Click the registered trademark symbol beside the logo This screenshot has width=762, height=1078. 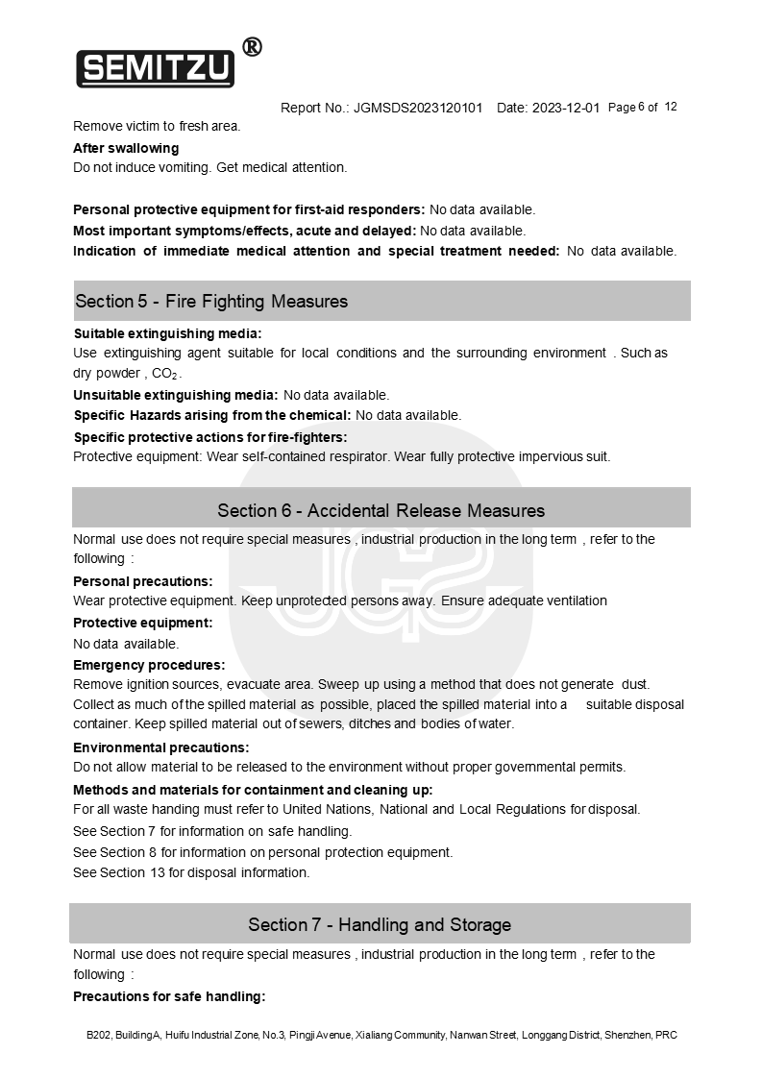pyautogui.click(x=251, y=47)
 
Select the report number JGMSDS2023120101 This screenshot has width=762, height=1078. pyautogui.click(x=418, y=108)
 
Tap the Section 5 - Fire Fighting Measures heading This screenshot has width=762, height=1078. pyautogui.click(x=211, y=302)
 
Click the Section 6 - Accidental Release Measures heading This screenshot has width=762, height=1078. pyautogui.click(x=381, y=510)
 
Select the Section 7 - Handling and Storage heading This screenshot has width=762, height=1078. pyautogui.click(x=380, y=925)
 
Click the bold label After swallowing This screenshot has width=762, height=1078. pyautogui.click(x=126, y=148)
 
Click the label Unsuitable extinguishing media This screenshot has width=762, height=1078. pyautogui.click(x=176, y=395)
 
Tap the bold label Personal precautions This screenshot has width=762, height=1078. pyautogui.click(x=142, y=581)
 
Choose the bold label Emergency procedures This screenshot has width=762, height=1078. pyautogui.click(x=149, y=665)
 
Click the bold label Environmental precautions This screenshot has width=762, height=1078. pyautogui.click(x=160, y=747)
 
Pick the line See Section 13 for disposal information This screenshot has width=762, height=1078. pyautogui.click(x=191, y=873)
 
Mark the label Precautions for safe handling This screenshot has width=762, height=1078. pyautogui.click(x=169, y=996)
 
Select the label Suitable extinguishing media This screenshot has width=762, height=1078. pyautogui.click(x=167, y=333)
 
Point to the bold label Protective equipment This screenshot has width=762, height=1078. pyautogui.click(x=142, y=623)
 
